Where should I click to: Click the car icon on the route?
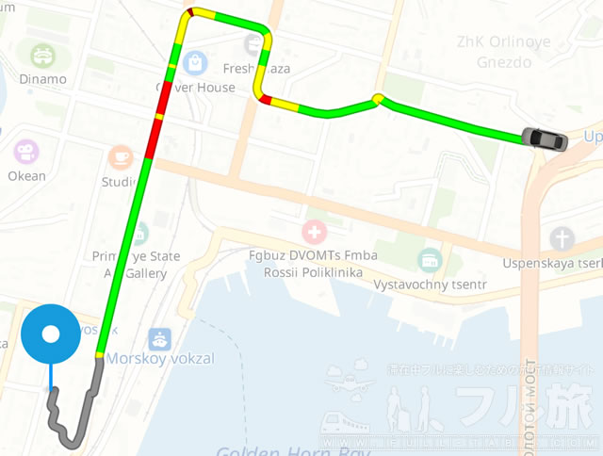point(546,139)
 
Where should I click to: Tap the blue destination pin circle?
point(51,334)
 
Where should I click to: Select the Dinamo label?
point(42,79)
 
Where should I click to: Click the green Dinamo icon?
point(42,55)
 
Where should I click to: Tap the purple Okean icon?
point(25,151)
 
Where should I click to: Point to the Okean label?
point(26,175)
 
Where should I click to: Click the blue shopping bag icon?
point(195,63)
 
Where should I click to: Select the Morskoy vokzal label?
point(159,359)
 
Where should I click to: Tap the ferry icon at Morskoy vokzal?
point(159,338)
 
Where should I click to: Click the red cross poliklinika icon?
point(313,231)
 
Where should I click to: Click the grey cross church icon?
point(562,237)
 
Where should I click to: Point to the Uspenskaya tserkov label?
point(552,263)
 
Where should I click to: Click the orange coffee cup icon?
point(120,156)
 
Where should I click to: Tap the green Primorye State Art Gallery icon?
point(139,233)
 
